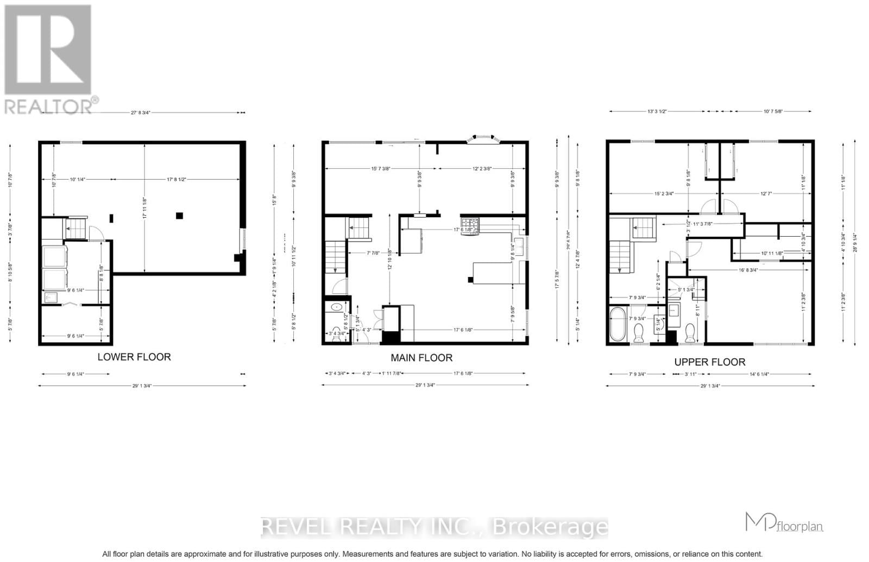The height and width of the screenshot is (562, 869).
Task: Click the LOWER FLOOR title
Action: coord(134,357)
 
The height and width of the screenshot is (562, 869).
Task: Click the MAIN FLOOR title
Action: coord(421,358)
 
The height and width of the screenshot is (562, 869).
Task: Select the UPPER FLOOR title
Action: coord(709,362)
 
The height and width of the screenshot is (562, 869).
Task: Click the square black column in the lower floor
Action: coord(179,216)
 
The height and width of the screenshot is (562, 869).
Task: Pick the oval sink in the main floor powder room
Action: coord(337,307)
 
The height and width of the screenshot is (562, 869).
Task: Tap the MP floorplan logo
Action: coord(784,523)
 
